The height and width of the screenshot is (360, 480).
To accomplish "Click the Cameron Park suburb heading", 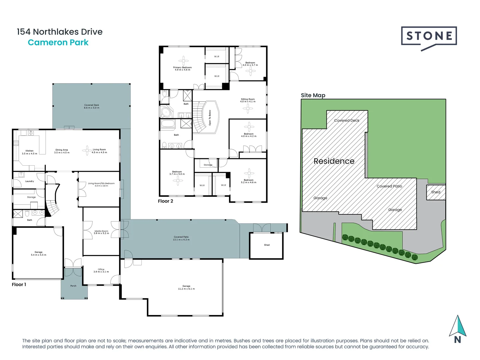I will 58,43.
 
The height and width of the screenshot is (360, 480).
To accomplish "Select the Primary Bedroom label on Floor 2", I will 182,68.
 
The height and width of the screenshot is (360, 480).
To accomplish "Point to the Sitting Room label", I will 248,100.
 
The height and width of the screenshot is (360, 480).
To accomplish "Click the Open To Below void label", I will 210,117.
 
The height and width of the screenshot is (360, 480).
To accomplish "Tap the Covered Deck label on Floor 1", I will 92,106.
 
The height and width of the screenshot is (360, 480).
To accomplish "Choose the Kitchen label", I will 29,152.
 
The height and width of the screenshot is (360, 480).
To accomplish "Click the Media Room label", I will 101,232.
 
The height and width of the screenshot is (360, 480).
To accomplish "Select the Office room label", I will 101,270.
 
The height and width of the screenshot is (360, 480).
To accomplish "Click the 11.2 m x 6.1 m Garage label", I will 186,287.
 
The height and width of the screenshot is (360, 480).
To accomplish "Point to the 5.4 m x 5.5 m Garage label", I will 38,253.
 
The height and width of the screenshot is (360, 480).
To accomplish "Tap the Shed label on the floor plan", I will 267,245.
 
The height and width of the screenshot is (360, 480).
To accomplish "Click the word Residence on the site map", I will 334,161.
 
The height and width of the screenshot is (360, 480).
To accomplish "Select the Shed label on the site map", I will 436,192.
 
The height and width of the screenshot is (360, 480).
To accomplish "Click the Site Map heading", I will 313,95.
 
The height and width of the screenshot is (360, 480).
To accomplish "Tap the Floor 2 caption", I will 166,201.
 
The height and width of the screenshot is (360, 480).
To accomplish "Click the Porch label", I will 73,286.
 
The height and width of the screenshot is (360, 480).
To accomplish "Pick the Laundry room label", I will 29,181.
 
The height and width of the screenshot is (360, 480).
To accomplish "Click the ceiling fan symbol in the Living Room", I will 87,150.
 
